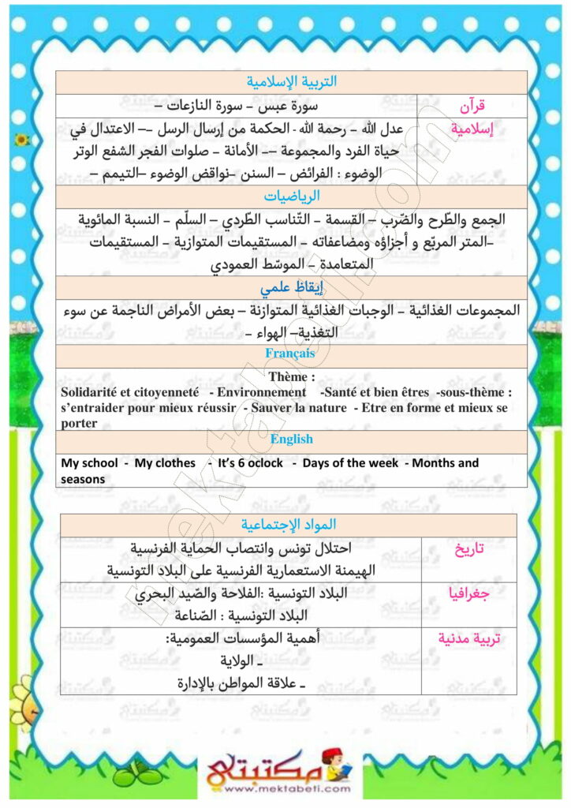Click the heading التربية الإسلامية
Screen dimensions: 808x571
coord(292,81)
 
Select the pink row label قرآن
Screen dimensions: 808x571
coord(472,105)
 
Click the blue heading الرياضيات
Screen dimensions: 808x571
coord(292,196)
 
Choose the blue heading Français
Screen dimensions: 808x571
coord(290,353)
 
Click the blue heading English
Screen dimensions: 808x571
coord(291,440)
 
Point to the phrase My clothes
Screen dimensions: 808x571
coord(165,463)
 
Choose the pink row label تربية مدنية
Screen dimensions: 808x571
coord(469,638)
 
